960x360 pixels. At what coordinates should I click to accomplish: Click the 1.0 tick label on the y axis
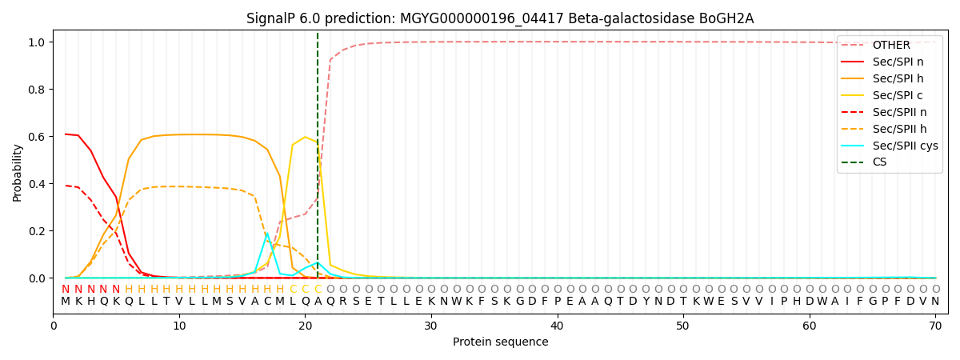(x=37, y=42)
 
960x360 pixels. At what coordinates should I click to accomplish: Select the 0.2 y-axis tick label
(x=37, y=231)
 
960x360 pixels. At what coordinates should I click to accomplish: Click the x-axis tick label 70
(x=935, y=326)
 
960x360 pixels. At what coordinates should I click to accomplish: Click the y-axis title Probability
(x=17, y=173)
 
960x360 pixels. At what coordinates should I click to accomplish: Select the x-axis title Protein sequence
(x=501, y=342)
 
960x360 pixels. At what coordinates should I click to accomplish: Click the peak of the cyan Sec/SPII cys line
(x=267, y=234)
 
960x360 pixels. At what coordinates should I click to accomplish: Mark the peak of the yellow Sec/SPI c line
(x=305, y=137)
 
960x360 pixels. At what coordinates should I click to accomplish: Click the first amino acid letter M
(x=66, y=302)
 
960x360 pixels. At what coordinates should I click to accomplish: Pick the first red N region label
(x=66, y=290)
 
